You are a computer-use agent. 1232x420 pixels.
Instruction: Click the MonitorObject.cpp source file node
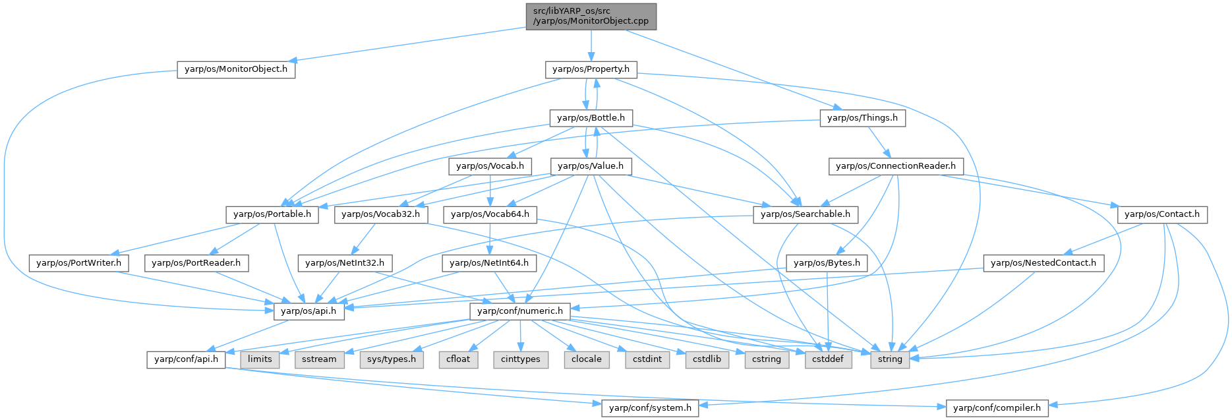[591, 16]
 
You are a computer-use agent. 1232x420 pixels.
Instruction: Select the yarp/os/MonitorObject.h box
[235, 69]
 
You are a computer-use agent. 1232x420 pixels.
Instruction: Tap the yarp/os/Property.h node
[591, 69]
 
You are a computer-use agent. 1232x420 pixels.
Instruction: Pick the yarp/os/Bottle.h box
[591, 118]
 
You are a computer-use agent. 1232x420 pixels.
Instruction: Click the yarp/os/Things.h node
[862, 118]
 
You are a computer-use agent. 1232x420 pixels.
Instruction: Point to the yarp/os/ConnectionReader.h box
[895, 166]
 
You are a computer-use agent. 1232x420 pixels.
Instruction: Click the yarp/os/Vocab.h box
[490, 166]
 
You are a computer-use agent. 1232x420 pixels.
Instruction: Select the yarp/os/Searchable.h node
[805, 214]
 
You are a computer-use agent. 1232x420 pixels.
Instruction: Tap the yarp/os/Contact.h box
[1161, 214]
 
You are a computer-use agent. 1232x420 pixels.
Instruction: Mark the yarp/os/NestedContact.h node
[1043, 263]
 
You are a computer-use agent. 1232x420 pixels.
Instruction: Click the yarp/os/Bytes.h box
[827, 263]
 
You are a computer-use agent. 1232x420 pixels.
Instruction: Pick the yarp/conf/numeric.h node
[520, 311]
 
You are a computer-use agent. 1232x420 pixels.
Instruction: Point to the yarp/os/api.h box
[308, 311]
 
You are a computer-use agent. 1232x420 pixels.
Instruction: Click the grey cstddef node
[828, 359]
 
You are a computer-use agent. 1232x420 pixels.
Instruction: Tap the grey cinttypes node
[520, 359]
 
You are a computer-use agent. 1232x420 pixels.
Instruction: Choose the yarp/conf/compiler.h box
[997, 408]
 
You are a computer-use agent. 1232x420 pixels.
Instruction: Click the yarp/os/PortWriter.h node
[79, 263]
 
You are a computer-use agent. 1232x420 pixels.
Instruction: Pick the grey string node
[890, 359]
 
